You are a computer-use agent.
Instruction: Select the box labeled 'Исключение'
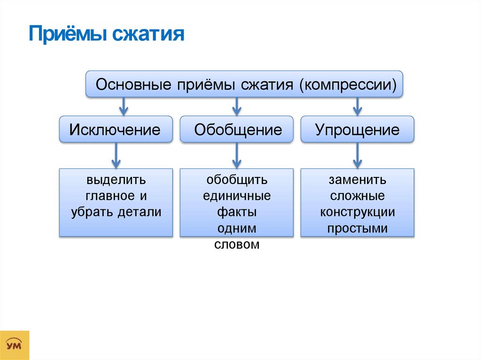coord(115,130)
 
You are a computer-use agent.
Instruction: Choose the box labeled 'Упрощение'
coord(357,130)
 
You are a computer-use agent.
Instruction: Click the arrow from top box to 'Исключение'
coord(124,107)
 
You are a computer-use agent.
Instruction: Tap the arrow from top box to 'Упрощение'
coord(357,107)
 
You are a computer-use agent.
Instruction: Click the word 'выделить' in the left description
coord(116,180)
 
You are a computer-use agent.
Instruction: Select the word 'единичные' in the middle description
coord(237,196)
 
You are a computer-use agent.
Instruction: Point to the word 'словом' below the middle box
coord(237,245)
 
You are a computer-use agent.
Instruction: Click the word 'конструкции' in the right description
coord(357,212)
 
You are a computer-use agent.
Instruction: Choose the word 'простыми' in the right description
coord(357,229)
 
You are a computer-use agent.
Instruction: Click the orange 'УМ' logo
coord(15,345)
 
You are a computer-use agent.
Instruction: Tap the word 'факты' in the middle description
coord(237,212)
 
